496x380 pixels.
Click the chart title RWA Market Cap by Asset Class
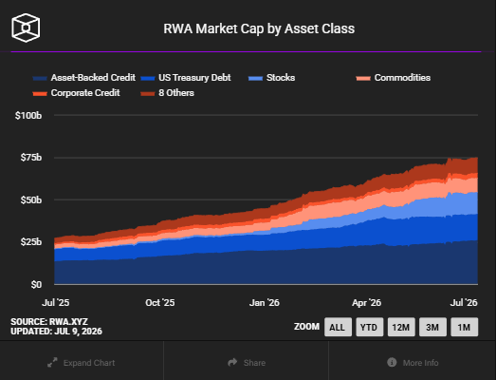coord(259,28)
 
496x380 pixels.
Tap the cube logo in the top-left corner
coord(26,28)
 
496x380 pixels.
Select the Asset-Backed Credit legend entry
coord(84,78)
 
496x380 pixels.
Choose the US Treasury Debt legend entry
coord(186,78)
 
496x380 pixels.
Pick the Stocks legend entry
coord(272,78)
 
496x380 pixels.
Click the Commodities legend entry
coord(394,78)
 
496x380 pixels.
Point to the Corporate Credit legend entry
coord(76,93)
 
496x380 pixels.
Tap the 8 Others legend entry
coord(167,93)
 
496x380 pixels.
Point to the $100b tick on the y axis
coord(28,115)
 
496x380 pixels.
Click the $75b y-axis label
coord(30,158)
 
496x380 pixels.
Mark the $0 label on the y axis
coord(36,285)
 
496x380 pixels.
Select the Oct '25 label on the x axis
coord(159,303)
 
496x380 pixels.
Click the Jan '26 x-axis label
coord(265,303)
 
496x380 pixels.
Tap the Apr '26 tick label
coord(366,303)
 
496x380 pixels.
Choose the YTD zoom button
coord(369,327)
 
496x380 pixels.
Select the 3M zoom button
coord(432,327)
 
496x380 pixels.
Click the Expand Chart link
coord(82,363)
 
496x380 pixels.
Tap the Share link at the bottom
coord(247,363)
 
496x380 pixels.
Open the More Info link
coord(413,363)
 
